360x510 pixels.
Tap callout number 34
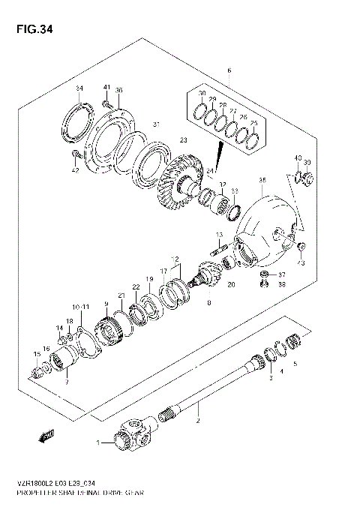(x=79, y=89)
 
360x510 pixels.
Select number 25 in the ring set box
(x=253, y=123)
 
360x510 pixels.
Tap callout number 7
(x=66, y=382)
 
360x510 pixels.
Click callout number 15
(x=35, y=354)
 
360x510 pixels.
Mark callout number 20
(x=230, y=285)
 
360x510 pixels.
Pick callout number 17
(x=163, y=271)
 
